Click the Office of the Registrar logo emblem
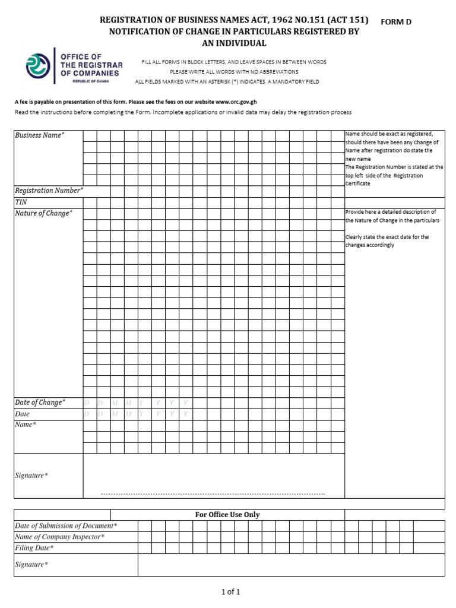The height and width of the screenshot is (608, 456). [x=38, y=65]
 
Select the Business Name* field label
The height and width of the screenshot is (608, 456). [x=39, y=135]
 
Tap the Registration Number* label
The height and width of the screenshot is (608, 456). [x=49, y=191]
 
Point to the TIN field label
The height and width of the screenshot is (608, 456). [x=21, y=202]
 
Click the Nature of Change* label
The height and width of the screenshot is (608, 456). [x=43, y=213]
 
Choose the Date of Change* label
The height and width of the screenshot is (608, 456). [x=40, y=403]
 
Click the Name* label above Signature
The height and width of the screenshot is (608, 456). [x=26, y=425]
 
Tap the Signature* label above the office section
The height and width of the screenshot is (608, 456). [x=31, y=476]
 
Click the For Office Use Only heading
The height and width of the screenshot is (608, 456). [x=227, y=515]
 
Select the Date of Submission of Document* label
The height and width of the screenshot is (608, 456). [x=66, y=526]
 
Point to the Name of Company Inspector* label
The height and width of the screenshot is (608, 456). [x=59, y=537]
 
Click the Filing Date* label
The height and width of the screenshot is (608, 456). [x=34, y=549]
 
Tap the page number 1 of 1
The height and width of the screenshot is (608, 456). [x=230, y=592]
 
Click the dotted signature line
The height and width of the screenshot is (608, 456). [x=213, y=494]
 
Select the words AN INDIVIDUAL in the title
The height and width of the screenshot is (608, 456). [x=235, y=43]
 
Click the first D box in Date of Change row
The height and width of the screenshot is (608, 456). [x=90, y=403]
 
